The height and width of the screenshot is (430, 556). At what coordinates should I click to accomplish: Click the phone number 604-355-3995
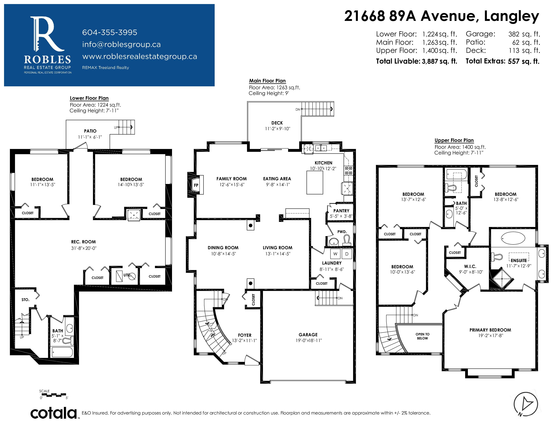point(110,32)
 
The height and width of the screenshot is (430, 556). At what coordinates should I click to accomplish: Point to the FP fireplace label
point(196,185)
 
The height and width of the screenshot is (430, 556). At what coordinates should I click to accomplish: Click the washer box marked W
point(335,254)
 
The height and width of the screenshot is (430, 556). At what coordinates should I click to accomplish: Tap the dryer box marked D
point(347,254)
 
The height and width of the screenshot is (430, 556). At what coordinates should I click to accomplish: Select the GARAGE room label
point(308,335)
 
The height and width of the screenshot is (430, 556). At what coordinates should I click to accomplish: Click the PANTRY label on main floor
point(341,211)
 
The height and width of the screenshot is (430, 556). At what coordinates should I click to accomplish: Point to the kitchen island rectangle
point(315,183)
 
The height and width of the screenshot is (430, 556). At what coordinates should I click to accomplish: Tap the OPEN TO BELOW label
point(423,336)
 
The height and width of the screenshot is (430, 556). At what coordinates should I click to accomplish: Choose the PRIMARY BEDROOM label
point(490,330)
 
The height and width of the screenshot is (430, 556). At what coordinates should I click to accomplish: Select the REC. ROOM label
point(84,242)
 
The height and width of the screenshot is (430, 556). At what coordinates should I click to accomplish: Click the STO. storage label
point(25,300)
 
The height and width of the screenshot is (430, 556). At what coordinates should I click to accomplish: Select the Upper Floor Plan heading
point(454,140)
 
